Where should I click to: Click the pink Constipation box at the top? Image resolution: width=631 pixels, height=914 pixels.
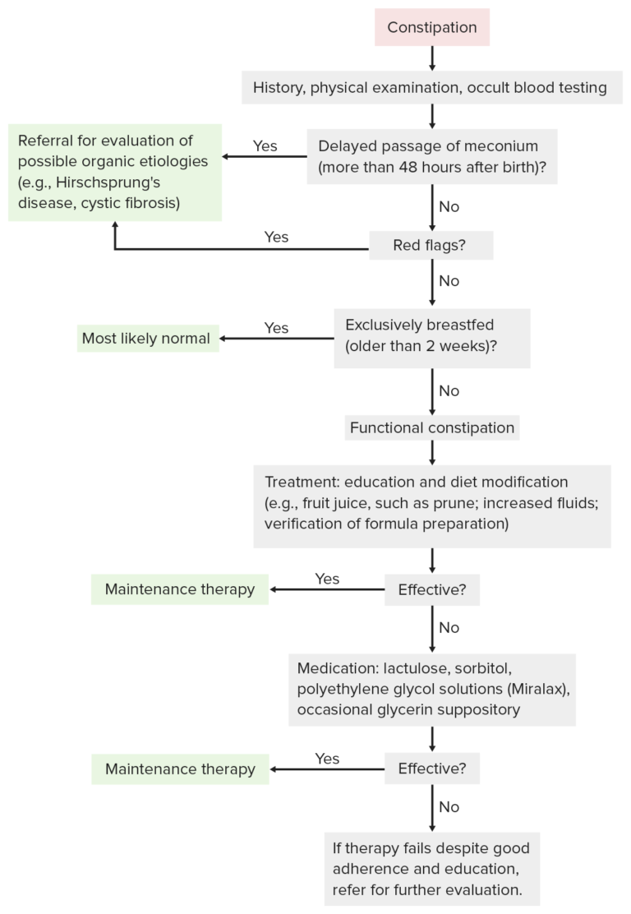[432, 27]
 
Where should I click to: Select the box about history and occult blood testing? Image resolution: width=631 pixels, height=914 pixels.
[431, 87]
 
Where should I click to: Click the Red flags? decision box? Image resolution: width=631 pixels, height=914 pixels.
[431, 245]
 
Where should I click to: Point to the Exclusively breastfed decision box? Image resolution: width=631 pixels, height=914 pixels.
[431, 337]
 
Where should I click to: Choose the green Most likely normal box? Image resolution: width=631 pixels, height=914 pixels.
[148, 338]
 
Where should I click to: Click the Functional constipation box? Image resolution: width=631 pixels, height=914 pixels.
[431, 427]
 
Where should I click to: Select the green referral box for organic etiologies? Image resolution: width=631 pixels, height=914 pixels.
[116, 172]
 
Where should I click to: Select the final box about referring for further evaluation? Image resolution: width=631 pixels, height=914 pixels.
[431, 869]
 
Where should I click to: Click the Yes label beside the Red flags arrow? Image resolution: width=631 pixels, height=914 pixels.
[276, 237]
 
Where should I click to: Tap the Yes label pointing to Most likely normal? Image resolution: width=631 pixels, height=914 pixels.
[276, 328]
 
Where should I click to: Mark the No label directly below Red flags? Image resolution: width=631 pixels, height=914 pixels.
[449, 281]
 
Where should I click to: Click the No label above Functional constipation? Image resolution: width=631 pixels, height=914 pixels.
[449, 390]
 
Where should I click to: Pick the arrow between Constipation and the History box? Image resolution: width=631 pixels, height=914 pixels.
[432, 58]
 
